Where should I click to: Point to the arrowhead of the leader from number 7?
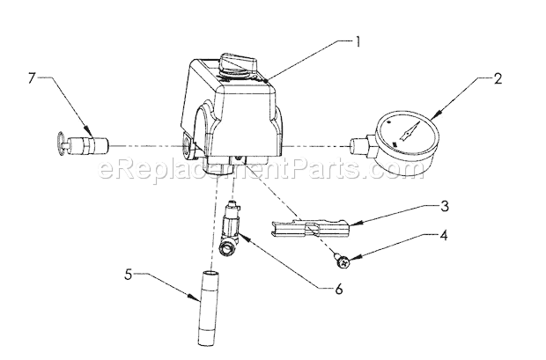pos(86,129)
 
